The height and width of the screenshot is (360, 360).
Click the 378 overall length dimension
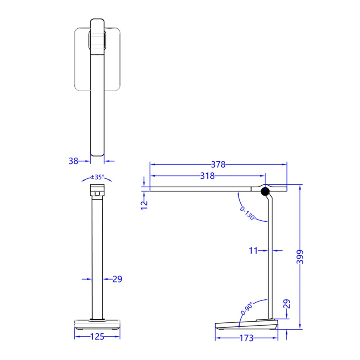(x=218, y=164)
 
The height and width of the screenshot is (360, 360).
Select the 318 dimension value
(x=208, y=176)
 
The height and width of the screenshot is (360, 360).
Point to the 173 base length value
(x=246, y=338)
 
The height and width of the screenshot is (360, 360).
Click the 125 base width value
(x=97, y=337)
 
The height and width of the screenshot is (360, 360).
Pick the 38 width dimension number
(x=73, y=161)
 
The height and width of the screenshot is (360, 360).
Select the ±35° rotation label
(x=97, y=177)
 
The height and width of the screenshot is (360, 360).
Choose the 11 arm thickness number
(x=253, y=251)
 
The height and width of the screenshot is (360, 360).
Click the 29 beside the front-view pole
(x=117, y=279)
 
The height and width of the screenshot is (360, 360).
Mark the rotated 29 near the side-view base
(x=286, y=304)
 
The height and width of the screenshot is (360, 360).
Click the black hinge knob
(x=265, y=192)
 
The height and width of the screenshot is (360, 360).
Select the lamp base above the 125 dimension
(x=97, y=324)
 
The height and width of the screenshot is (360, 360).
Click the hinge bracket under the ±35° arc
(x=97, y=190)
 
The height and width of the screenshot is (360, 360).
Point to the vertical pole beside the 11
(x=270, y=256)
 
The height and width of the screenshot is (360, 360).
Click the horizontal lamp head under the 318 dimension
(x=200, y=188)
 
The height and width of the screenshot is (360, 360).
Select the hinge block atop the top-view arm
(x=97, y=40)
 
